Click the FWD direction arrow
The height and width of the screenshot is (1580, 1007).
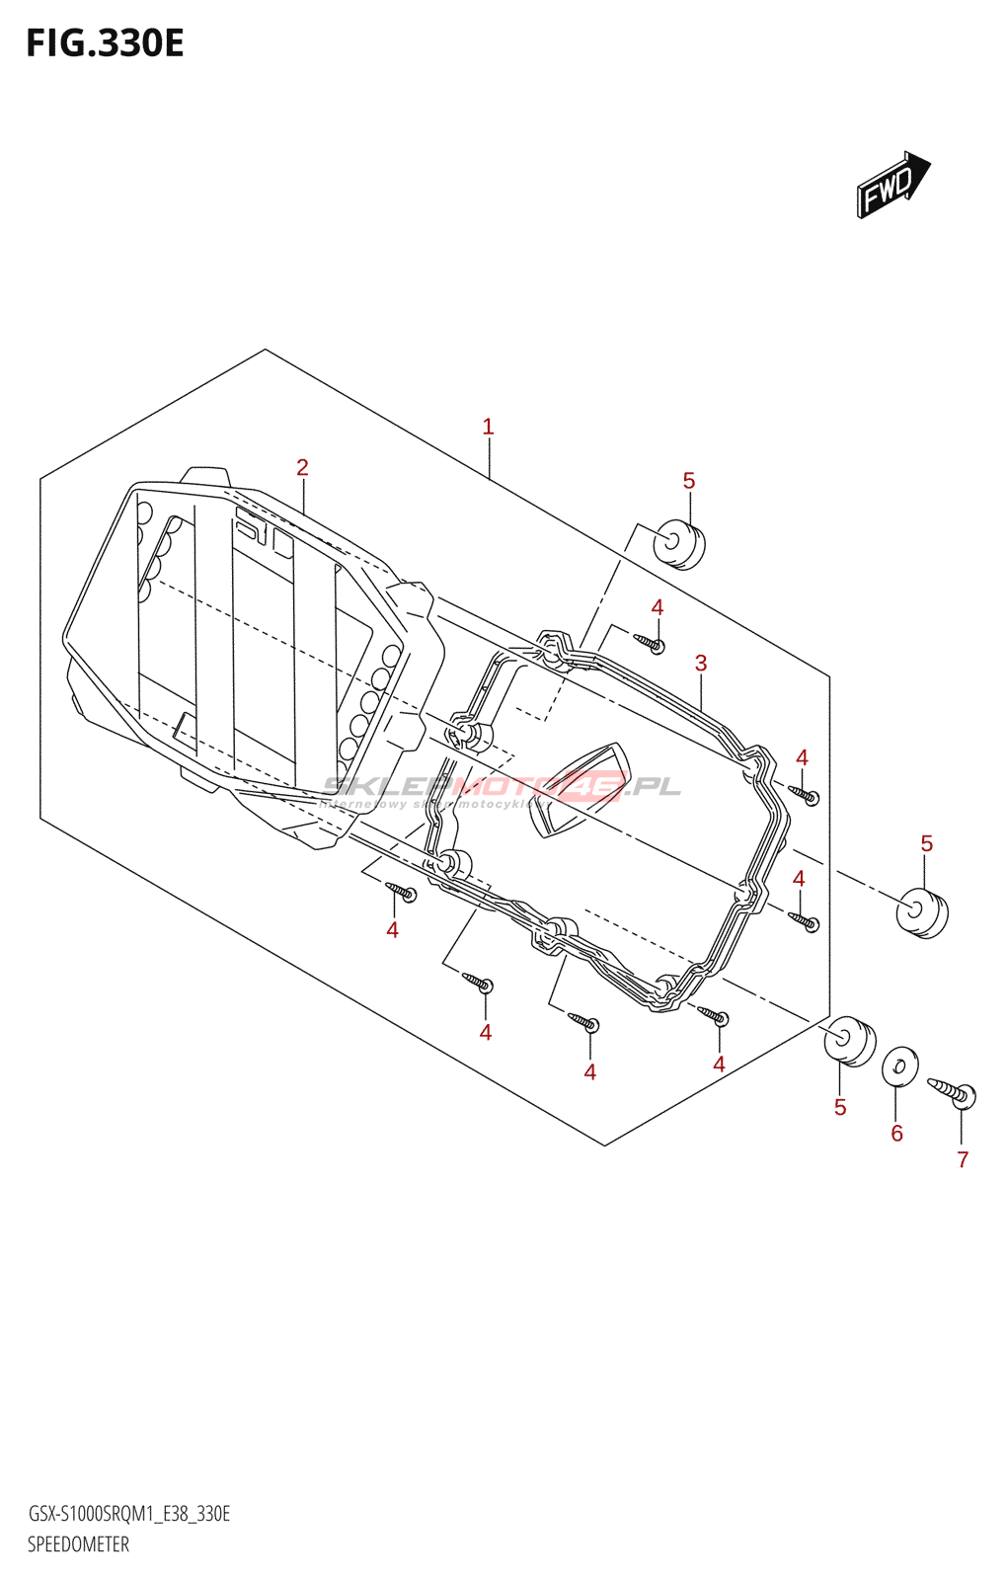pyautogui.click(x=892, y=185)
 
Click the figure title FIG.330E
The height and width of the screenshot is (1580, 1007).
pyautogui.click(x=105, y=43)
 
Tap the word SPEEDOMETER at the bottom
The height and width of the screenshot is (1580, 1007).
pyautogui.click(x=78, y=1544)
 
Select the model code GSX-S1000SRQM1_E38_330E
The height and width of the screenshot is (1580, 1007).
pyautogui.click(x=128, y=1514)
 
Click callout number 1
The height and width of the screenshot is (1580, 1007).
pyautogui.click(x=488, y=427)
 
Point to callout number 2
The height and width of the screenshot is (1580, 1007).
pyautogui.click(x=302, y=467)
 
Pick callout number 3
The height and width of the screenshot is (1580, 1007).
pyautogui.click(x=701, y=663)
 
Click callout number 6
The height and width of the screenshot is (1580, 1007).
pyautogui.click(x=896, y=1133)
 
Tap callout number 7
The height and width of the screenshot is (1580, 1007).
pyautogui.click(x=963, y=1159)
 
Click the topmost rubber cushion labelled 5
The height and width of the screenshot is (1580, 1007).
pyautogui.click(x=678, y=543)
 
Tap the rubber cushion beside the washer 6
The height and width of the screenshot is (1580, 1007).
pyautogui.click(x=849, y=1040)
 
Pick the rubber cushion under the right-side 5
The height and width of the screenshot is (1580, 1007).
pyautogui.click(x=921, y=913)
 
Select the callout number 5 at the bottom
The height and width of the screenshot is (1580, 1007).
pyautogui.click(x=840, y=1107)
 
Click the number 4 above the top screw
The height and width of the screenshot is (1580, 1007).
pyautogui.click(x=658, y=607)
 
